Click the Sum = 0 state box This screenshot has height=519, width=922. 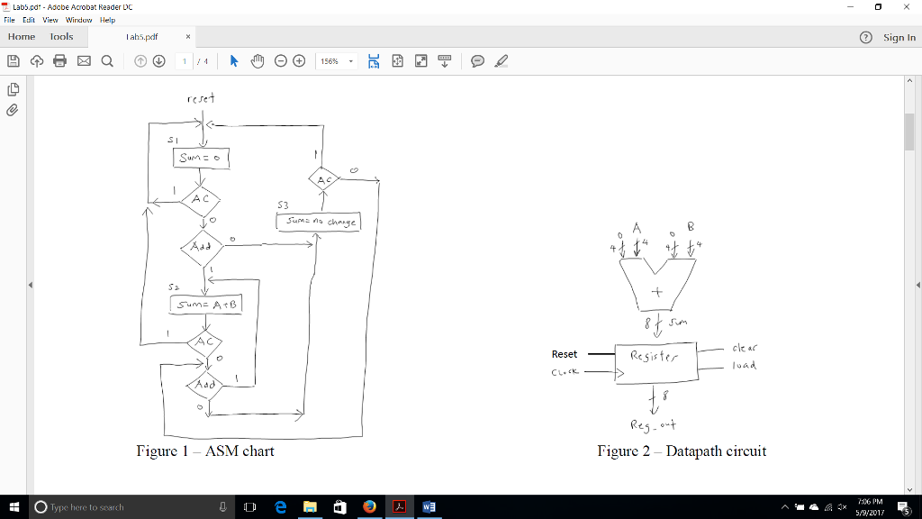pyautogui.click(x=201, y=158)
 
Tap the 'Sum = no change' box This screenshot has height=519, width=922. pyautogui.click(x=318, y=221)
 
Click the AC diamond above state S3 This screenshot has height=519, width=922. pyautogui.click(x=324, y=179)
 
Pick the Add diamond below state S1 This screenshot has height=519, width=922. pyautogui.click(x=202, y=247)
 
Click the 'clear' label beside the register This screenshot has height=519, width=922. pyautogui.click(x=745, y=347)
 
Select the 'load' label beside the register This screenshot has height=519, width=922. pyautogui.click(x=745, y=366)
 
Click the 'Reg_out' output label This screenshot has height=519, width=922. pyautogui.click(x=654, y=425)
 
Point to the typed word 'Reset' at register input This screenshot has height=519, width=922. pyautogui.click(x=565, y=354)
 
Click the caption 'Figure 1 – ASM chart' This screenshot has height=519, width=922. pyautogui.click(x=205, y=451)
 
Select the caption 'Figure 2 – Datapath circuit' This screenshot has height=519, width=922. pyautogui.click(x=682, y=451)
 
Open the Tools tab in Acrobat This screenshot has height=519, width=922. pyautogui.click(x=62, y=37)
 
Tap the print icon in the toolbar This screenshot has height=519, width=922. pyautogui.click(x=60, y=61)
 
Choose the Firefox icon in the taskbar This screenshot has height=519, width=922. pyautogui.click(x=369, y=506)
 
